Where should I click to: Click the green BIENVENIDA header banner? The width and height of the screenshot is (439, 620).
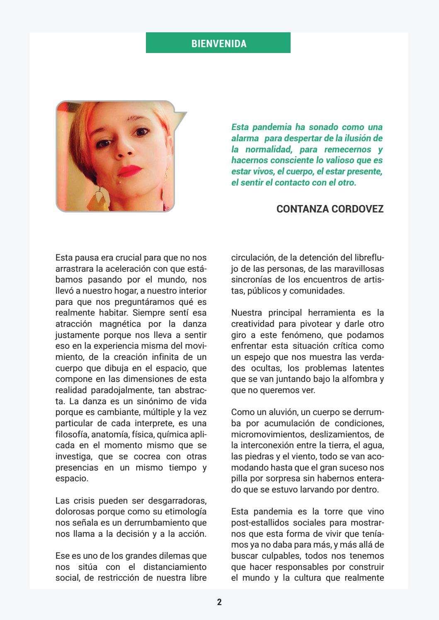[x=218, y=43]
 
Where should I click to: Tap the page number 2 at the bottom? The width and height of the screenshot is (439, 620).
[x=219, y=602]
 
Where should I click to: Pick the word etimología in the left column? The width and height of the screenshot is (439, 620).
[x=185, y=512]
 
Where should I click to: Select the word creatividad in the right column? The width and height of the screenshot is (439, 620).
[x=251, y=324]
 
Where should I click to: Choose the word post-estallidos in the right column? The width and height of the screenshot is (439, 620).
[x=257, y=523]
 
